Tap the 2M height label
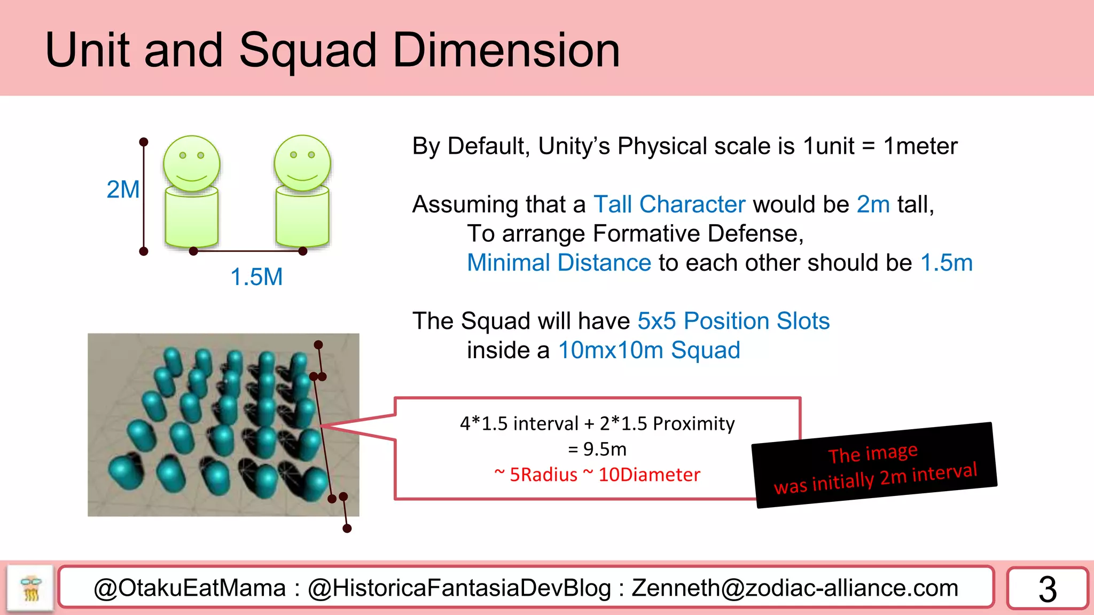123,190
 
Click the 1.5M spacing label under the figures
256,277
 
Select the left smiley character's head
191,163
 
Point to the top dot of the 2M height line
144,142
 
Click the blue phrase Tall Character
669,204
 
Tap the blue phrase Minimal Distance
559,263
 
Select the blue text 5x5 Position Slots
733,321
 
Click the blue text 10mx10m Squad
649,350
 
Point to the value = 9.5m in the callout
597,449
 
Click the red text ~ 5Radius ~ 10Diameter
597,475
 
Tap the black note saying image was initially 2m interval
874,466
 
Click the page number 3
1048,589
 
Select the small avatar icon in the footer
30,588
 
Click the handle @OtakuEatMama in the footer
190,588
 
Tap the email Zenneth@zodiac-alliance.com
795,588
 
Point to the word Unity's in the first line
574,146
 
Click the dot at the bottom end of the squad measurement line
347,529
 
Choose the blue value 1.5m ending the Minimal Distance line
947,263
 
